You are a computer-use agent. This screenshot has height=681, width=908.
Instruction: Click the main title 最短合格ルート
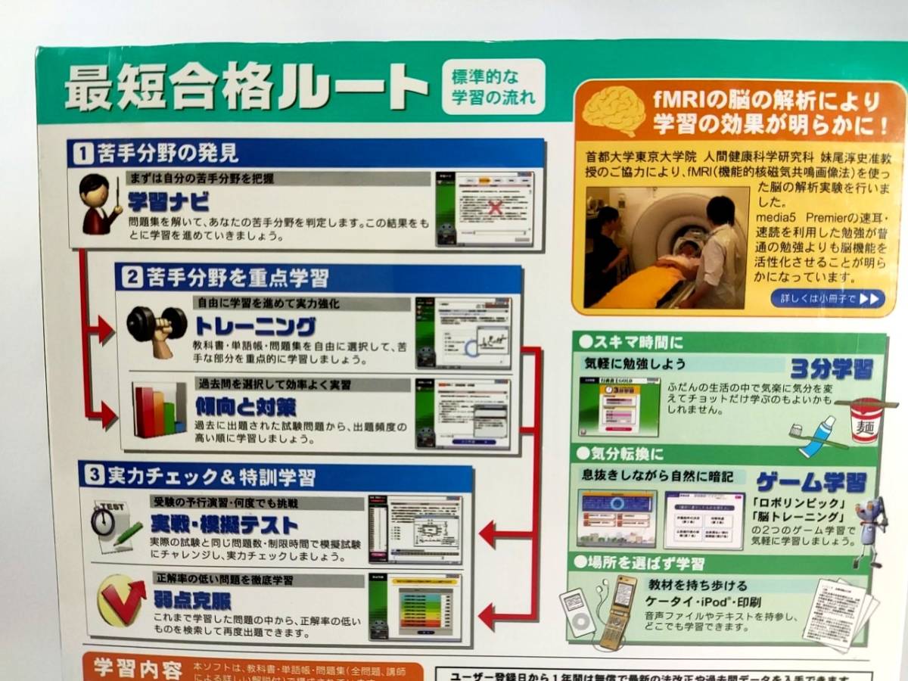coord(246,88)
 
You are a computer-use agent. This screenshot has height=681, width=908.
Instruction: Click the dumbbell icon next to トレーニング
coord(157,328)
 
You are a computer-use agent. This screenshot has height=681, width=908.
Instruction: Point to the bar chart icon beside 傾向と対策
coord(159,409)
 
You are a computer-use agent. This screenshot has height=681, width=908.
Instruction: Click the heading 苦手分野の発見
coord(166,154)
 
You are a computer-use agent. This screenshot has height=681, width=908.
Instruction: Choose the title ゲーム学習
coord(811,481)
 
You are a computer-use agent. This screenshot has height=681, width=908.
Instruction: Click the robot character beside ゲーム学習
coord(868,530)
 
